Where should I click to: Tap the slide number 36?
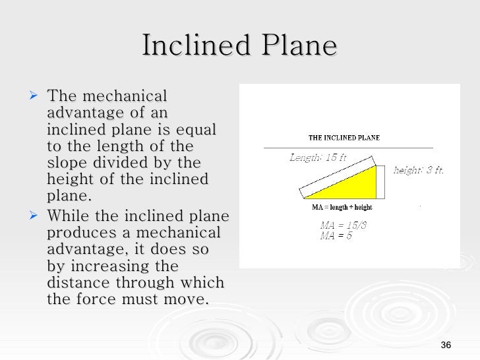(446, 347)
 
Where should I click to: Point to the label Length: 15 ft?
(317, 158)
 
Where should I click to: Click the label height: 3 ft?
(419, 170)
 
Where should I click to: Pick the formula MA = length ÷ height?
(342, 207)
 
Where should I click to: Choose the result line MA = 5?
(336, 235)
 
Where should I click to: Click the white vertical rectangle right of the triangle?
(380, 181)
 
